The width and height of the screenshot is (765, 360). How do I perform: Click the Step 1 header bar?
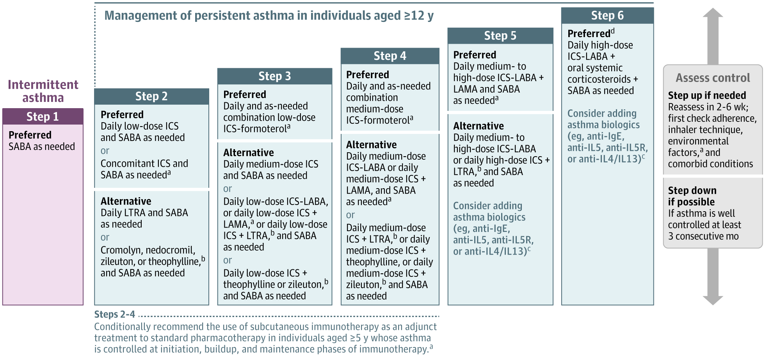click(x=43, y=117)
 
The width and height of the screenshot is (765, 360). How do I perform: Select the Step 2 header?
click(x=151, y=96)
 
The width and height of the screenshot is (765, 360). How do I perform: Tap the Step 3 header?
click(x=275, y=76)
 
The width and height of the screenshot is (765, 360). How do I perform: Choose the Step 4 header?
click(x=390, y=56)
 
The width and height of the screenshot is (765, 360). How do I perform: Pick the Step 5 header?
click(x=500, y=36)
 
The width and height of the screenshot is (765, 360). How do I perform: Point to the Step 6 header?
click(x=607, y=15)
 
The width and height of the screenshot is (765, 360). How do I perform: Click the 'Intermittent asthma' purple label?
click(x=43, y=91)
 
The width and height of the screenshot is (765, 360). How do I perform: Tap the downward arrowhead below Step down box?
click(x=713, y=300)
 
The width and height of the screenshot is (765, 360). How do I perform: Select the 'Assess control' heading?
click(x=713, y=78)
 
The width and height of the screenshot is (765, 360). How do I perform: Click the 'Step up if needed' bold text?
click(x=707, y=95)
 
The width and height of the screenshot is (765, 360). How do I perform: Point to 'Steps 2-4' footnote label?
click(x=115, y=314)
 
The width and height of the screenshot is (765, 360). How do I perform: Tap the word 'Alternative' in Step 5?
click(x=479, y=126)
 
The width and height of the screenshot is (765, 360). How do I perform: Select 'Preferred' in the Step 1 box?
click(x=30, y=135)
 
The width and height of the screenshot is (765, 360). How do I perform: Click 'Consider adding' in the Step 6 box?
click(x=602, y=114)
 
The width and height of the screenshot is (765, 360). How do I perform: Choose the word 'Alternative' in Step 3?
click(x=249, y=152)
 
